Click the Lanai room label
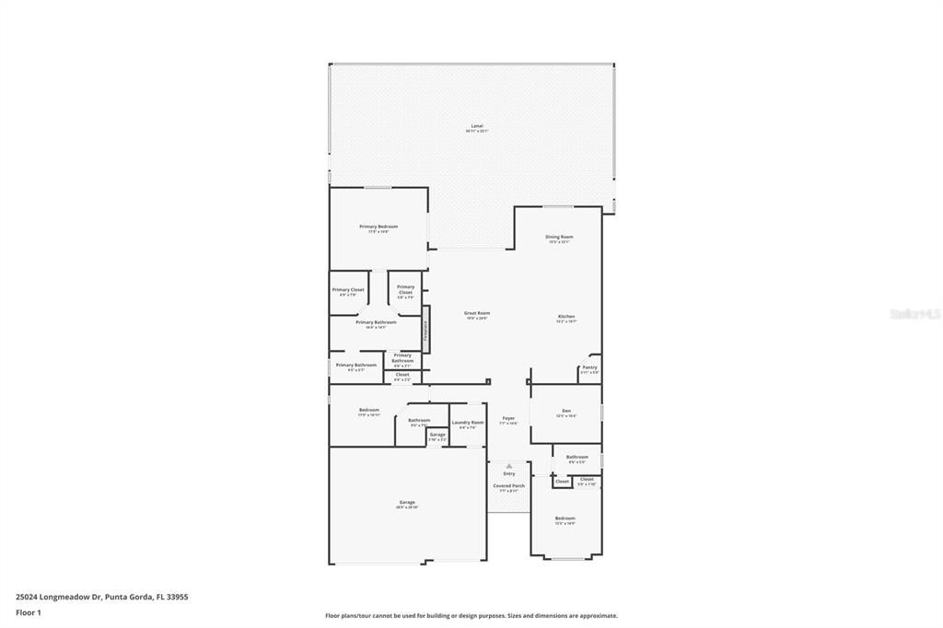pyautogui.click(x=476, y=126)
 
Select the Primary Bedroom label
pyautogui.click(x=378, y=227)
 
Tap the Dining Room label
pyautogui.click(x=559, y=237)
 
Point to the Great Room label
pyautogui.click(x=476, y=313)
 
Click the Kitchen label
pyautogui.click(x=565, y=317)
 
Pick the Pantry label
pyautogui.click(x=589, y=367)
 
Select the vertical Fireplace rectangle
pyautogui.click(x=425, y=330)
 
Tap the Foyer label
pyautogui.click(x=507, y=419)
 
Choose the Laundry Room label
pyautogui.click(x=468, y=423)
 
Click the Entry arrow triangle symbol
pyautogui.click(x=508, y=466)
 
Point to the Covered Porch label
pyautogui.click(x=508, y=485)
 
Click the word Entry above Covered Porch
pyautogui.click(x=508, y=473)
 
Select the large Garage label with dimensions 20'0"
pyautogui.click(x=407, y=503)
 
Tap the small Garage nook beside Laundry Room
pyautogui.click(x=437, y=435)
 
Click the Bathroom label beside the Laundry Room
pyautogui.click(x=419, y=421)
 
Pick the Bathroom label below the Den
pyautogui.click(x=577, y=457)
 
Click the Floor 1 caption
pyautogui.click(x=29, y=611)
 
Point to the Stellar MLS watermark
pyautogui.click(x=914, y=314)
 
